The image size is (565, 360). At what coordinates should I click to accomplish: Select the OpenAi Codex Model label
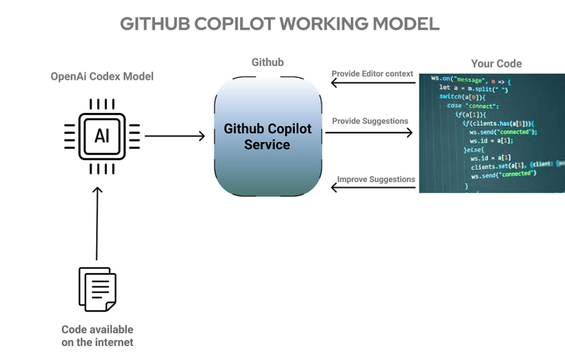102,77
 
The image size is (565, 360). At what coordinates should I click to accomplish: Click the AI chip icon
102,136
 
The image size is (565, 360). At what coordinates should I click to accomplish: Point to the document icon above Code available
97,289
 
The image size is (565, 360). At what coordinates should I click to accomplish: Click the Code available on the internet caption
97,336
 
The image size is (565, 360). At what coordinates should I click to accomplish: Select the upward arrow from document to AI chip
97,223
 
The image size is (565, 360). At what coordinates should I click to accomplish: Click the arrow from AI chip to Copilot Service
174,136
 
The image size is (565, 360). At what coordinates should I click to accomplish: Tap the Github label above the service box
268,62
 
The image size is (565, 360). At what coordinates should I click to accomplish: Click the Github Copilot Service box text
268,137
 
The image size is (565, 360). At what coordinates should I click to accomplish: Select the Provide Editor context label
372,74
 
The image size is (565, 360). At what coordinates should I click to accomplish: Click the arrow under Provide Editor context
372,83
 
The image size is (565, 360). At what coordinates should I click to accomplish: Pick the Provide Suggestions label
370,121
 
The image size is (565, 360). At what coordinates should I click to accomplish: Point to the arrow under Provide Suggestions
369,132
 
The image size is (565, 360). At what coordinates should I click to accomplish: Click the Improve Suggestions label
376,179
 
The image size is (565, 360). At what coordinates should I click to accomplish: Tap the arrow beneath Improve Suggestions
372,188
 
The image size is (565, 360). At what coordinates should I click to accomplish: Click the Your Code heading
496,63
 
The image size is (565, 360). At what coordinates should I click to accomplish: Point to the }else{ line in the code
473,149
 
